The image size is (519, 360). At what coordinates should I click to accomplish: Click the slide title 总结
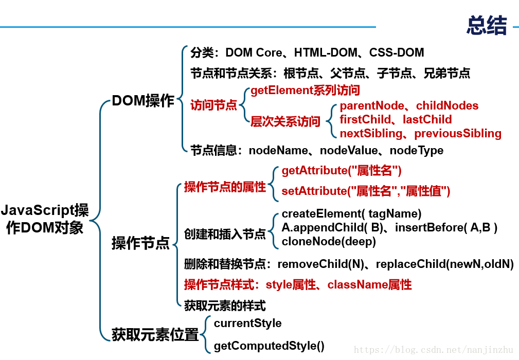487,25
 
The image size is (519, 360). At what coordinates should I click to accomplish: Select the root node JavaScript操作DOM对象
45,219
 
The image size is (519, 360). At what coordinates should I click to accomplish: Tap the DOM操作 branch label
143,101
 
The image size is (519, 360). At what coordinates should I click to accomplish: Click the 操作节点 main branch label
140,243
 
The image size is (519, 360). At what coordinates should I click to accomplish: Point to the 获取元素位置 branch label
155,334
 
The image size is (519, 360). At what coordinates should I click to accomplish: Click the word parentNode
372,105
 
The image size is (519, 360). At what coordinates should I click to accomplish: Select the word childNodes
447,105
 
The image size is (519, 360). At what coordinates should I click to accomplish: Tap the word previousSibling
458,133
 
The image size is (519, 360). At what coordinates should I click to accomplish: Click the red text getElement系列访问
305,91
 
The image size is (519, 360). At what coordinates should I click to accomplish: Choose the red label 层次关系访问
285,121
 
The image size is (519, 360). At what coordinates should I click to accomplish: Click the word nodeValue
349,151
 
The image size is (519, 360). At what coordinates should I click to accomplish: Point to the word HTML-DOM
326,52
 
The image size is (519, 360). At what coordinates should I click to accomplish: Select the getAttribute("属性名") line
342,171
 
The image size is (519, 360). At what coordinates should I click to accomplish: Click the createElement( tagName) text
351,214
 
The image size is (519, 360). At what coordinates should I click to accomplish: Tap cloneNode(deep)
329,242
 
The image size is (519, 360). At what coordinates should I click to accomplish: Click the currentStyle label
247,323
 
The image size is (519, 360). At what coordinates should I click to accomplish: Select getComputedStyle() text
269,346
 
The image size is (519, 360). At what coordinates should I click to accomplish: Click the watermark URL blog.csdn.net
433,349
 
